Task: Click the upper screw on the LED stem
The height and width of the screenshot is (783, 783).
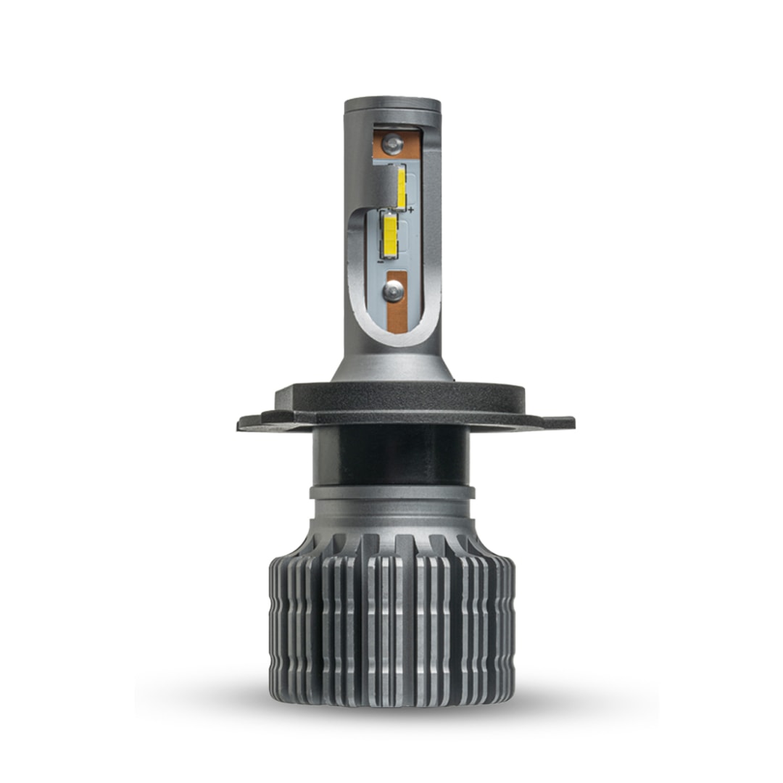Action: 392,144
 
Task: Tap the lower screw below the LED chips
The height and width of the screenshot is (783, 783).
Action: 393,291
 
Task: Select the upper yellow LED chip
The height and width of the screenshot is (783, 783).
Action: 401,186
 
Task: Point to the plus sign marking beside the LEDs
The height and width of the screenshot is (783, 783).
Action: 411,210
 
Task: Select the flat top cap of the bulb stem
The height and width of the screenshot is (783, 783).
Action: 392,103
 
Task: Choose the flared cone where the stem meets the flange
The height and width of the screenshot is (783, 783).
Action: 392,366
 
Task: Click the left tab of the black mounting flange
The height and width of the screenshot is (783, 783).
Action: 254,420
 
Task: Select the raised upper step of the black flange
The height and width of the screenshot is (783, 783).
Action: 392,395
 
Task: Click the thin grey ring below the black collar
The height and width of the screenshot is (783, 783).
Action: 392,492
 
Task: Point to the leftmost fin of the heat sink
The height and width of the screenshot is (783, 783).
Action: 274,623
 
